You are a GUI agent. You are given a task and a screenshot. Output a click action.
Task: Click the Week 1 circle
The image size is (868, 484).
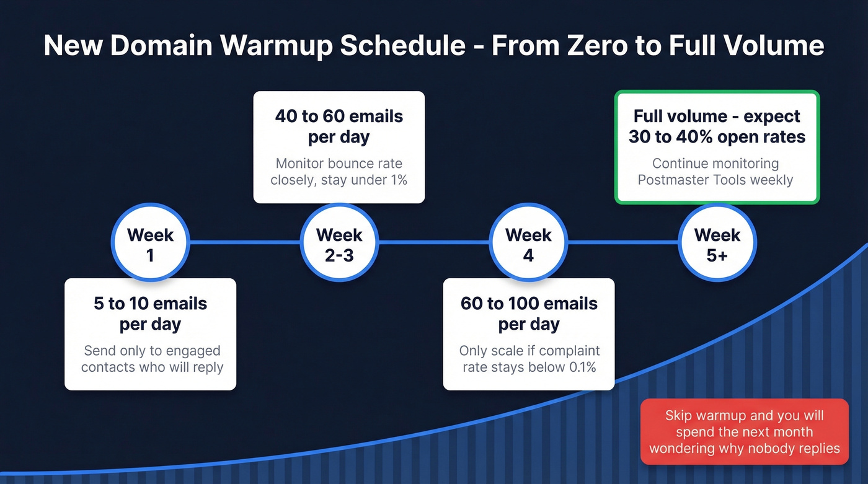pos(150,244)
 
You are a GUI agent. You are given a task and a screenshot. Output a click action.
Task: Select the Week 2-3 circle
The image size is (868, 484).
pos(339,244)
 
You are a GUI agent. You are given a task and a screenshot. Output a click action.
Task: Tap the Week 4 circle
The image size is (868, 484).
pos(528,244)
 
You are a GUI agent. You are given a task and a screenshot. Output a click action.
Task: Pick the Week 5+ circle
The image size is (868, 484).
pos(717,244)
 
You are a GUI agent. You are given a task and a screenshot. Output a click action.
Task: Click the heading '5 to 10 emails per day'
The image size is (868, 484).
pos(151,314)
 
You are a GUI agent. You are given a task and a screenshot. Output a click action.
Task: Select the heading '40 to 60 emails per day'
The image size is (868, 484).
pos(339,126)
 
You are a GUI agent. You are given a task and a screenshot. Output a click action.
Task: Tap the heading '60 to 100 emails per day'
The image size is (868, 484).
pos(529,314)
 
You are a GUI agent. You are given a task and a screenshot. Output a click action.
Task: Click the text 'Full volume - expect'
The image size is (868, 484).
pos(717,117)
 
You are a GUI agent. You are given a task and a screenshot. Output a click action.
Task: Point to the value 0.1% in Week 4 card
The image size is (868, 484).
pos(582,367)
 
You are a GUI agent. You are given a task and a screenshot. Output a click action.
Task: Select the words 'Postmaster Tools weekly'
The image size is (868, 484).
pos(715,180)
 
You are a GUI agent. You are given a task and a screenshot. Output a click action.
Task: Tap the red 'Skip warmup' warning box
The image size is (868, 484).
pos(744,432)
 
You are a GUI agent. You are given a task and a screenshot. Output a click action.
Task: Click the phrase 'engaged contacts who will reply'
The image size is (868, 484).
pos(152,359)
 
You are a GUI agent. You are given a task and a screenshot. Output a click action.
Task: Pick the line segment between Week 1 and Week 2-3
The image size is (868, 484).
pos(245,243)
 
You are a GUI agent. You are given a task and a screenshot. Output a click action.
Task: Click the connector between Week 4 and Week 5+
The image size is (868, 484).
pos(622,243)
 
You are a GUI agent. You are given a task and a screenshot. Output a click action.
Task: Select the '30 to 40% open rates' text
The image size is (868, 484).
pos(717,137)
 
